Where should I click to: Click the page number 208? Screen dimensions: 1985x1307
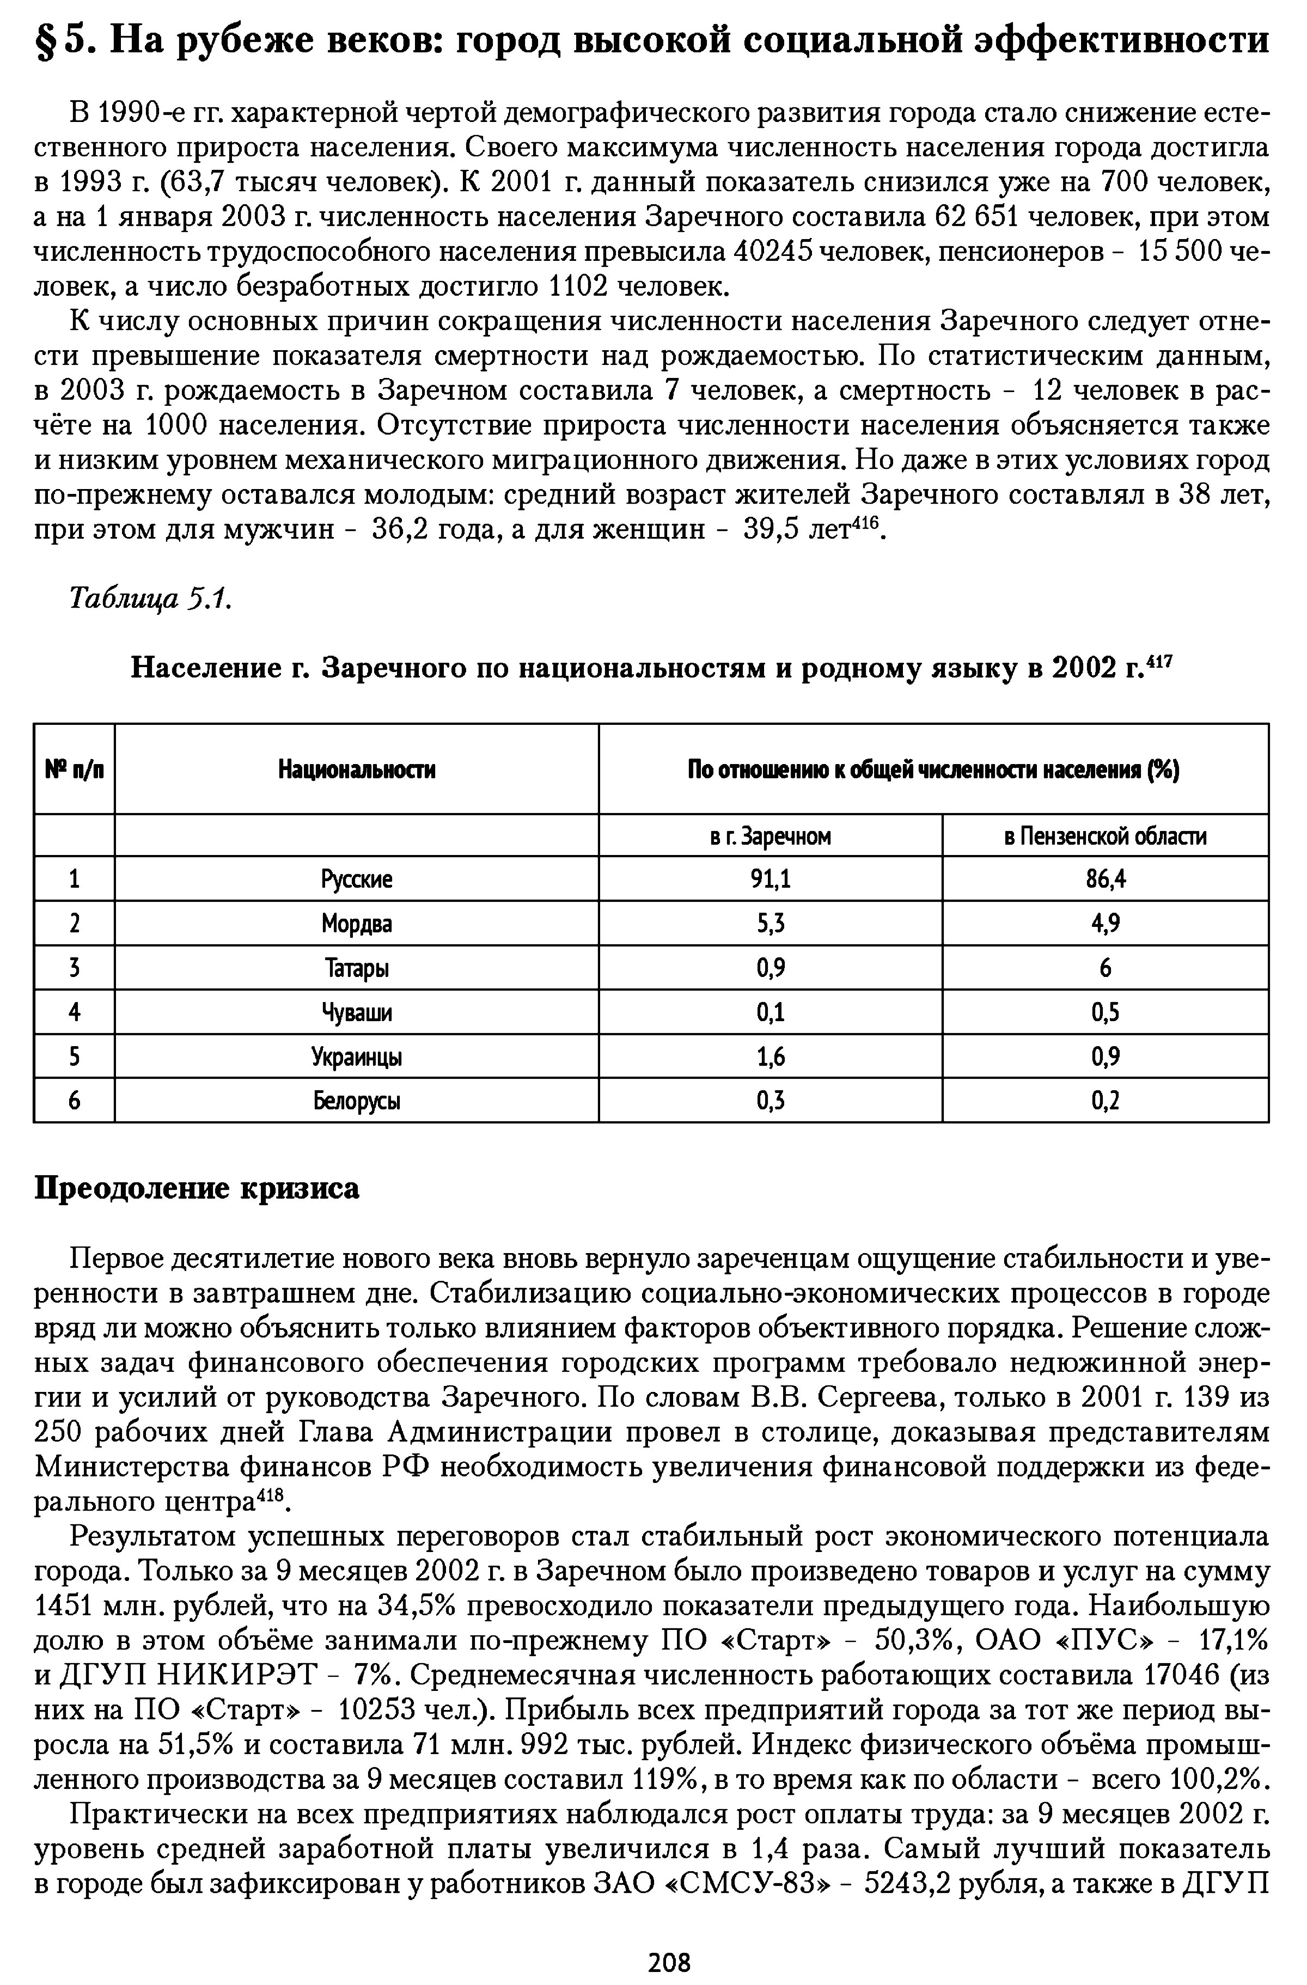[x=670, y=1960]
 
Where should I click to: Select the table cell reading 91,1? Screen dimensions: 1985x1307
[x=770, y=878]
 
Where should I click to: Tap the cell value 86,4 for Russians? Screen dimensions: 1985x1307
[x=1105, y=878]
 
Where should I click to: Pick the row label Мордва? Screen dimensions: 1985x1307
[x=356, y=923]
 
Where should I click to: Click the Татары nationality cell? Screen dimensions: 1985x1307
[x=356, y=968]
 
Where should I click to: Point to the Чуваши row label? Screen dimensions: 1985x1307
[x=356, y=1012]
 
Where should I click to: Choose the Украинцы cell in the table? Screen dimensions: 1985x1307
[x=356, y=1056]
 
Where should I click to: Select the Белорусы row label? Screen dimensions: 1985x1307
[x=356, y=1101]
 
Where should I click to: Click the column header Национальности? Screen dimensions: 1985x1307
[x=356, y=769]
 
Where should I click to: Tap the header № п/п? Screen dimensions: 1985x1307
[x=74, y=769]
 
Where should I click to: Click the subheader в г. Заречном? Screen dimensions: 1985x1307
[x=770, y=836]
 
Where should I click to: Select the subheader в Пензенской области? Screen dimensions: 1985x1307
[x=1105, y=836]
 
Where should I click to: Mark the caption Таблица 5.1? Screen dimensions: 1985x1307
[x=149, y=598]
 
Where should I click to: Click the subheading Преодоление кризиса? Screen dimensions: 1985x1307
[x=197, y=1188]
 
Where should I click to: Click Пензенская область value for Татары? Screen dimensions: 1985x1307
[x=1105, y=968]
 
